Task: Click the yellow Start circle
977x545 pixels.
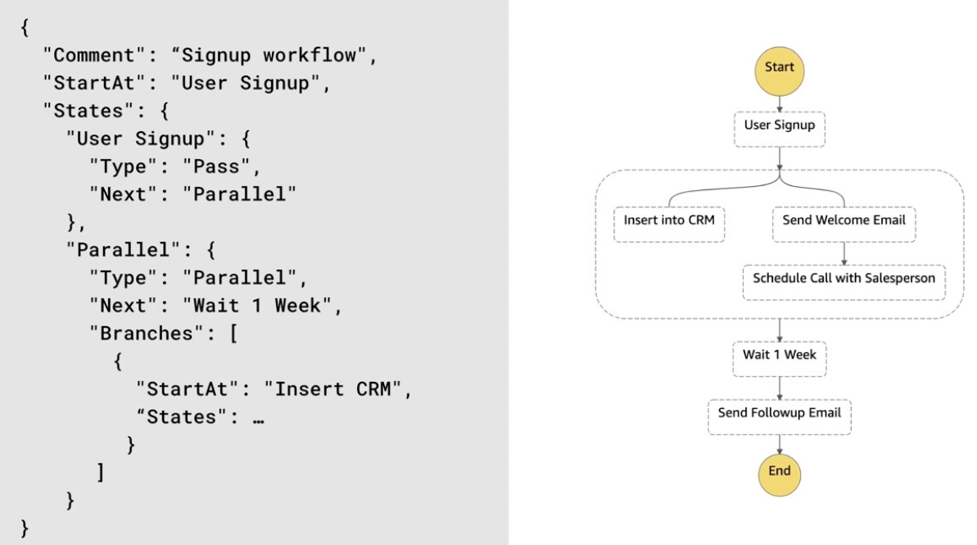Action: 780,71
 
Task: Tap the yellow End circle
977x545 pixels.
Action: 780,475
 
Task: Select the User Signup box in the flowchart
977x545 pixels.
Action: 780,129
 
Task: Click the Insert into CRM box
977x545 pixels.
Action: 669,225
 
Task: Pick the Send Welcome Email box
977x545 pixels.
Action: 844,225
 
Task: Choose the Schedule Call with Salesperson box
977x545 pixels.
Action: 844,283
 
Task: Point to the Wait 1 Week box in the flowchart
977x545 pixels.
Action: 780,359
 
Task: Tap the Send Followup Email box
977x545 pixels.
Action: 780,417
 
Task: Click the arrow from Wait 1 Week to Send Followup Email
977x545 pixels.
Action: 780,388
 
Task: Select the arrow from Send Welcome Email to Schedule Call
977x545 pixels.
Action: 844,254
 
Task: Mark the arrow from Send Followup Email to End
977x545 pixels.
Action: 780,444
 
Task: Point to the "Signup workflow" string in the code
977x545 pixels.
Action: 269,56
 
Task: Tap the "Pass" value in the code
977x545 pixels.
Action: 216,166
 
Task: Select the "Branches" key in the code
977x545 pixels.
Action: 147,333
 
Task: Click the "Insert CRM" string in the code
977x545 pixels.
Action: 333,389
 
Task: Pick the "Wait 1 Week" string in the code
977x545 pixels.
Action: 257,306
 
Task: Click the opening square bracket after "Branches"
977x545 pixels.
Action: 233,334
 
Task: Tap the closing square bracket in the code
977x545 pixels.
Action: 100,472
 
